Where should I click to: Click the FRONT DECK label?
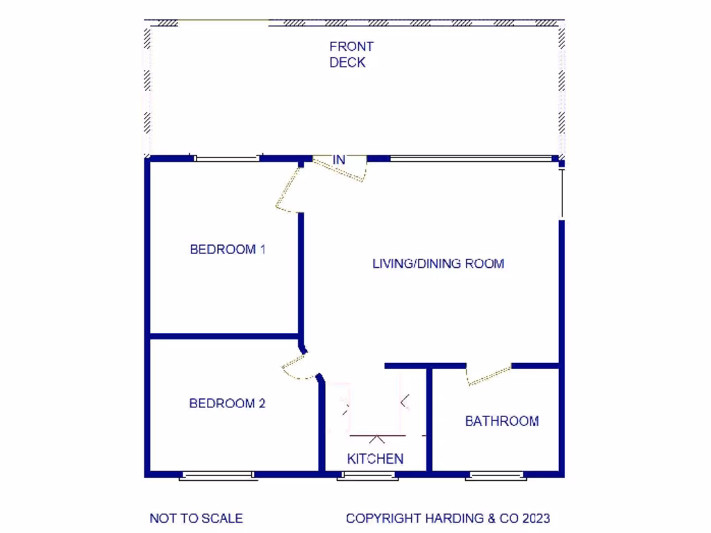click(x=351, y=54)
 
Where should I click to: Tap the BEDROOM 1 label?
click(x=228, y=249)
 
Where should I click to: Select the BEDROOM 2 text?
click(x=228, y=403)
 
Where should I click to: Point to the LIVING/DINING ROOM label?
click(x=438, y=264)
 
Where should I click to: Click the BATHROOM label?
click(x=501, y=421)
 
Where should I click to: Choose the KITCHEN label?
click(x=375, y=459)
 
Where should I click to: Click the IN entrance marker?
click(x=339, y=160)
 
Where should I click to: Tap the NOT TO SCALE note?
click(x=196, y=518)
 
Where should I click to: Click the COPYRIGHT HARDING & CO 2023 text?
click(x=448, y=518)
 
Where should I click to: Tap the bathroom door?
click(x=489, y=375)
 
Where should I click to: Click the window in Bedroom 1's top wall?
click(x=226, y=158)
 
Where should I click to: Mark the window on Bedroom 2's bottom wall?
click(x=218, y=476)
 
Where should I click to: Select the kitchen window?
click(x=368, y=476)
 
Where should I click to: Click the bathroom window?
click(x=496, y=476)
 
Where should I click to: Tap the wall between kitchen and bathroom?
click(x=429, y=420)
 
